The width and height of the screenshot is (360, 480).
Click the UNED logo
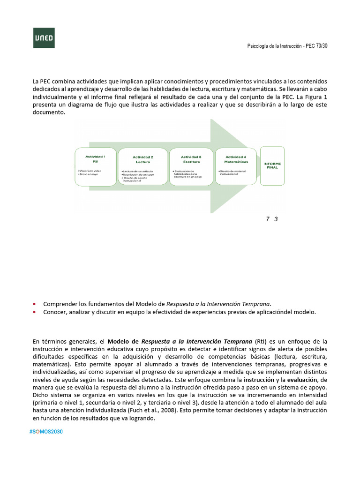click(44, 37)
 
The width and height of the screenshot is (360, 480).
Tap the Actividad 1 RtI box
click(96, 167)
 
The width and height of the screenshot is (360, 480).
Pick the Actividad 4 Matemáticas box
click(236, 167)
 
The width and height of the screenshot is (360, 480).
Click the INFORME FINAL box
click(272, 166)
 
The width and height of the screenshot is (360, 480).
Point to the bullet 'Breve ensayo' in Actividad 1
click(90, 174)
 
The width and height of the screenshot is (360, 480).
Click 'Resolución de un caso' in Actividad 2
click(138, 175)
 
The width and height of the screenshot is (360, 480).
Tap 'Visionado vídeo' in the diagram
click(90, 171)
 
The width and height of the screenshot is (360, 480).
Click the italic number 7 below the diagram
click(268, 219)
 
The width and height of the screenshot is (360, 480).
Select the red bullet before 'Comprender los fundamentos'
click(34, 303)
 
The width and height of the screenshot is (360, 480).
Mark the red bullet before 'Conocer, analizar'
click(34, 312)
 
